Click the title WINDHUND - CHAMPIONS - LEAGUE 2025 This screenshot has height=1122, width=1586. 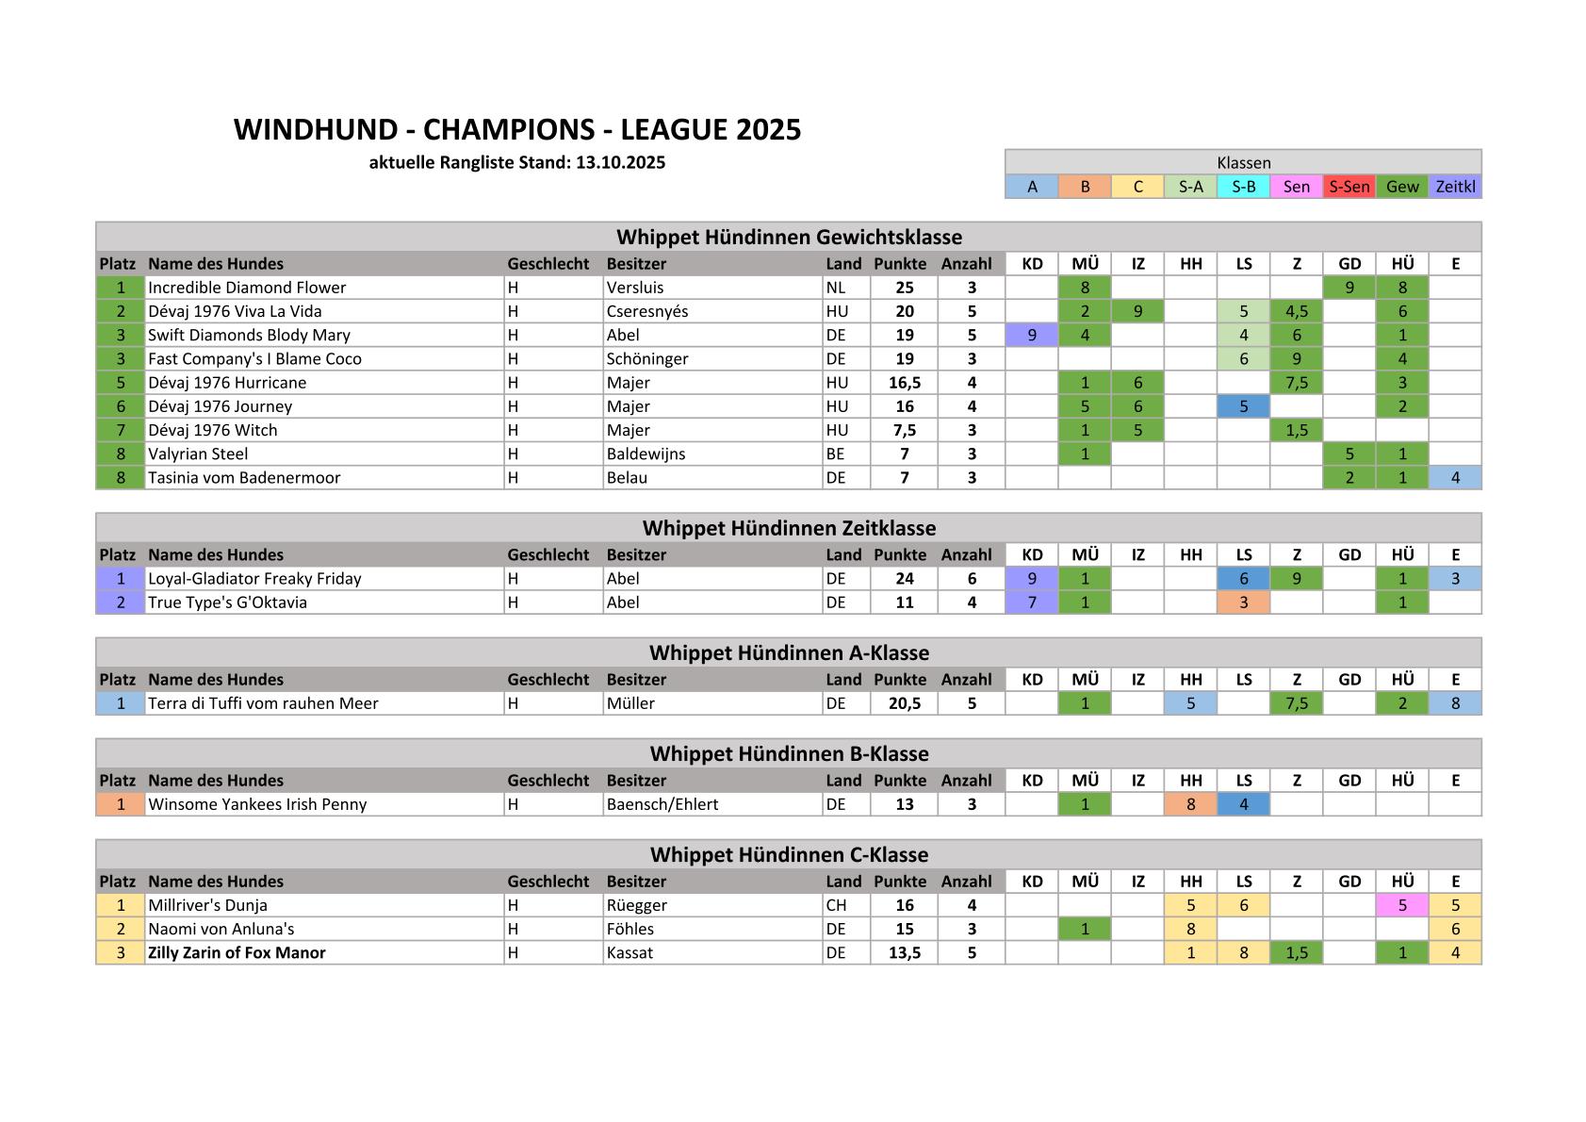517,130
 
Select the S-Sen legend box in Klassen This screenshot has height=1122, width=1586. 1349,187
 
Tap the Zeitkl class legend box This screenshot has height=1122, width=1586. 1455,187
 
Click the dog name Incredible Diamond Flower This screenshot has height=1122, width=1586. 247,288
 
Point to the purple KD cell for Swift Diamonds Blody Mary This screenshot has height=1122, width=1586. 1032,335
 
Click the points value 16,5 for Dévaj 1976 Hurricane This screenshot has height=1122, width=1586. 904,383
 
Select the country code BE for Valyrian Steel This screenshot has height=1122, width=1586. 836,454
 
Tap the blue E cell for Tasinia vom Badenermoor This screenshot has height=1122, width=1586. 1455,477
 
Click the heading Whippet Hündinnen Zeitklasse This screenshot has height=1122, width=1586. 789,528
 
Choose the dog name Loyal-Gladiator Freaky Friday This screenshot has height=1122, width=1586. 254,579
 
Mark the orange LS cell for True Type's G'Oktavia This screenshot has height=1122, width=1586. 1243,602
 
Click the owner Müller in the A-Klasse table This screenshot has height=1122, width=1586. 630,703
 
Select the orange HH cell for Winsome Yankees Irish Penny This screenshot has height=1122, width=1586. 1190,804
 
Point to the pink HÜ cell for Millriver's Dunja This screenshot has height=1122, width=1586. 1402,905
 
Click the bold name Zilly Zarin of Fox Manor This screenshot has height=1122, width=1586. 237,952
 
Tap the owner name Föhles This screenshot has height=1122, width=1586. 630,929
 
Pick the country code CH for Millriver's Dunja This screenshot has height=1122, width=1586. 836,905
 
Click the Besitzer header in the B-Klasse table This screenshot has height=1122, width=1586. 636,781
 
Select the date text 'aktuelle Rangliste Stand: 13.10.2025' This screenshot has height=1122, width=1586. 517,162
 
